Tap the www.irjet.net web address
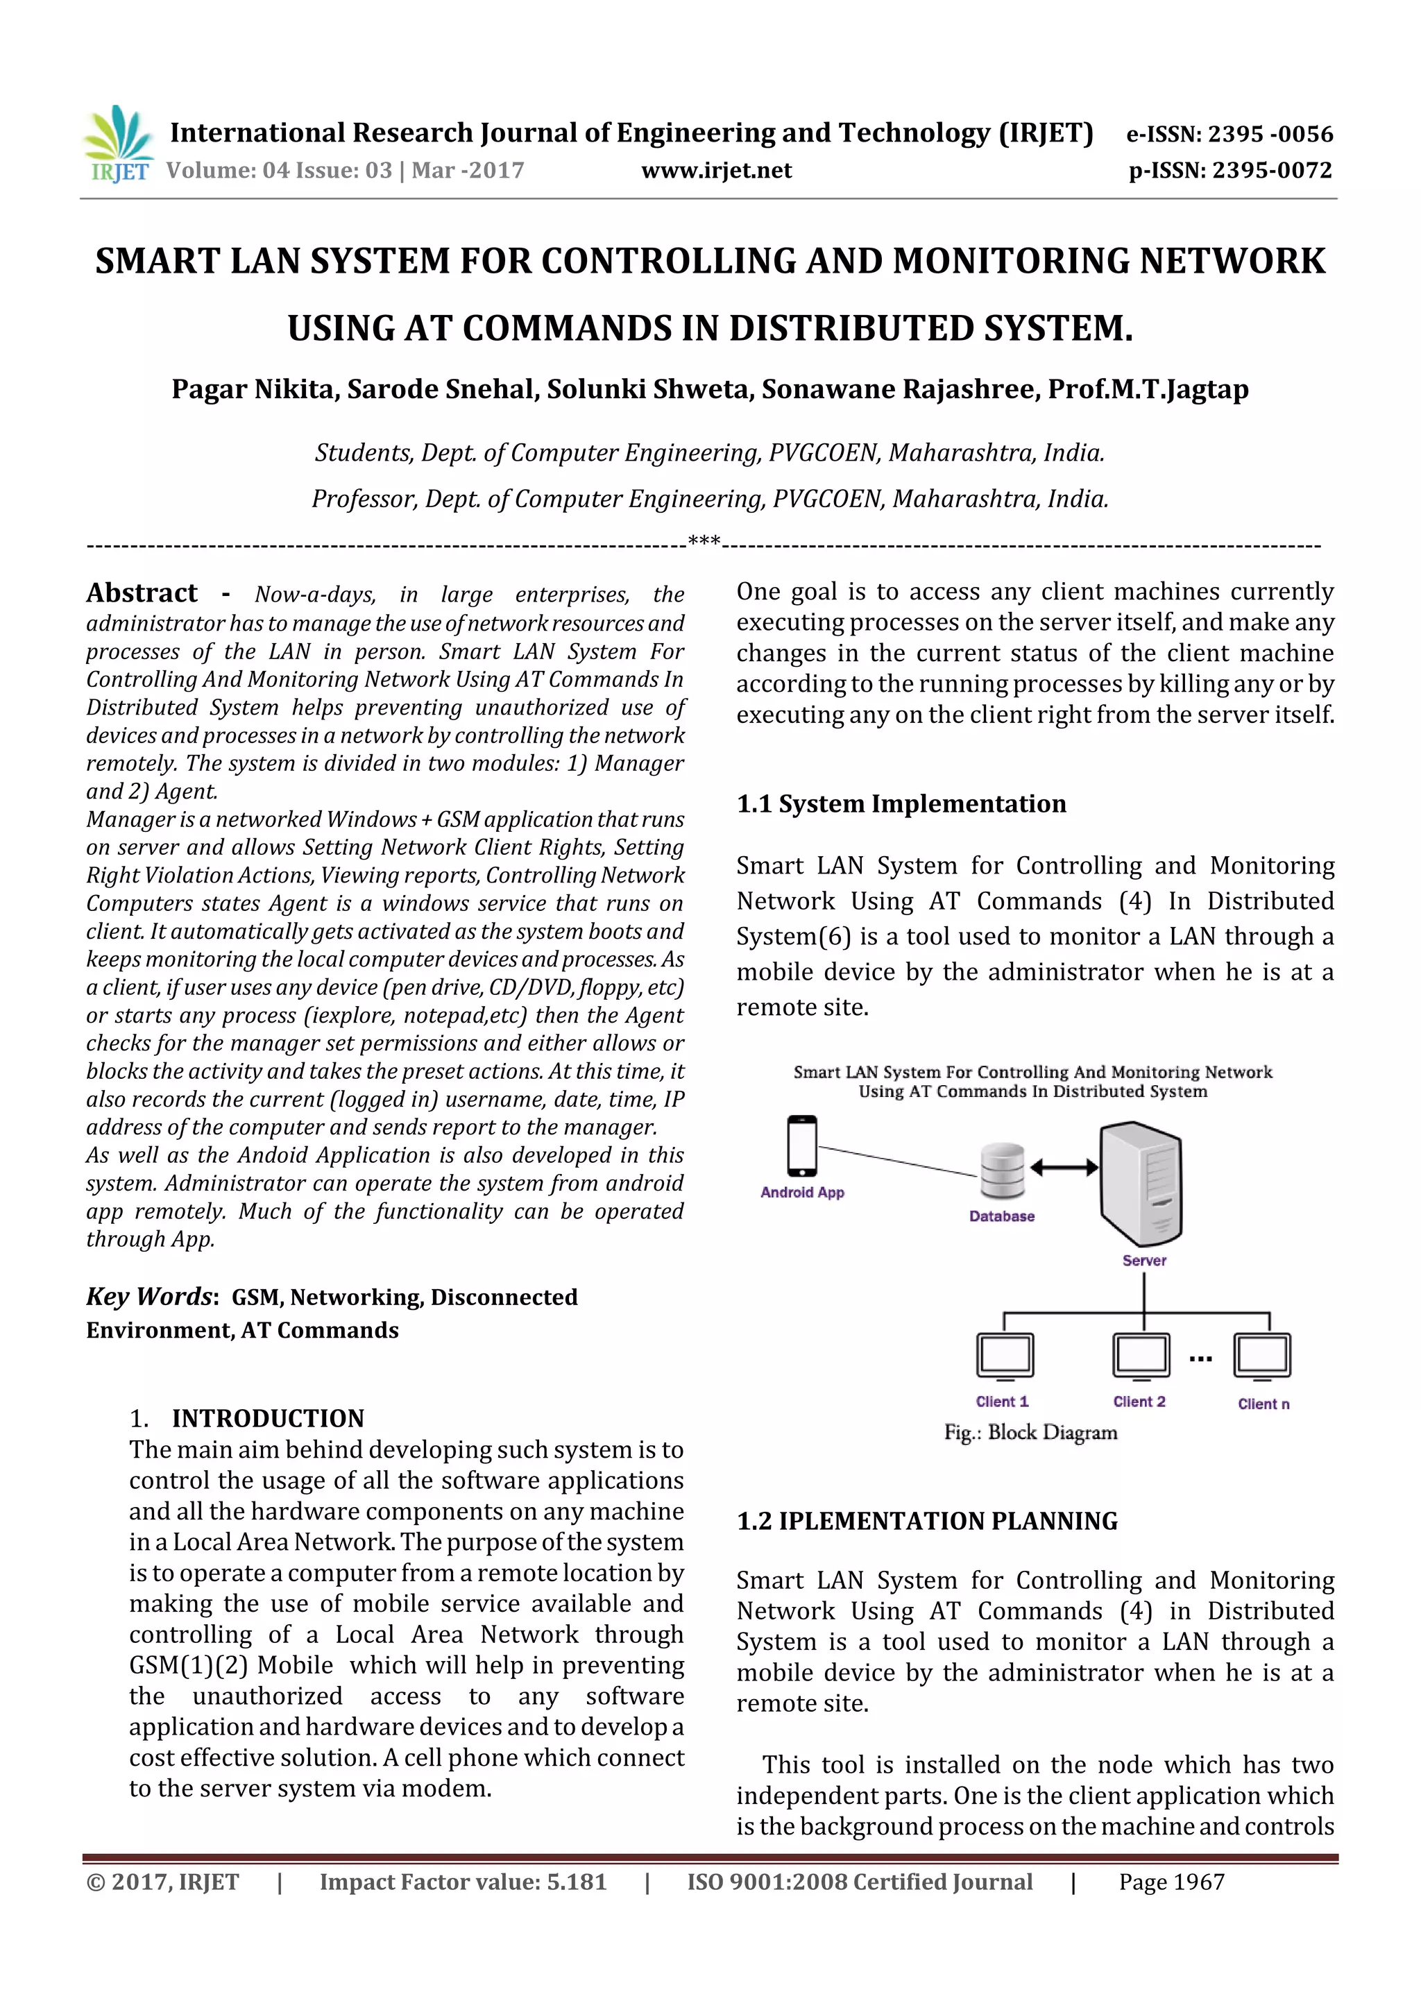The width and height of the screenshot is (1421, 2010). click(716, 171)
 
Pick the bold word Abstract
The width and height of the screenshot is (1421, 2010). click(142, 593)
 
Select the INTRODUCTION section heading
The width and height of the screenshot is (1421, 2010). click(267, 1418)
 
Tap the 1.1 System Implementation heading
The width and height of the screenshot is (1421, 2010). click(901, 803)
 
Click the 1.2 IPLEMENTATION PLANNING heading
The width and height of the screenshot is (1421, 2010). click(927, 1521)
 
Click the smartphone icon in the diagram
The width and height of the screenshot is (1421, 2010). click(802, 1145)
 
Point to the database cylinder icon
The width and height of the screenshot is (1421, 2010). click(1003, 1170)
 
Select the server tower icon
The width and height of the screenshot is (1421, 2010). click(1141, 1182)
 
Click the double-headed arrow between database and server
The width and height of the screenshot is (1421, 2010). click(1064, 1167)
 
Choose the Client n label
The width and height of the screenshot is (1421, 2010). click(1263, 1404)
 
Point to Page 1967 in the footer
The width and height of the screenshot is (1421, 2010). click(1171, 1882)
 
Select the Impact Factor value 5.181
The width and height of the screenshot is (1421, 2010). click(462, 1882)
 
